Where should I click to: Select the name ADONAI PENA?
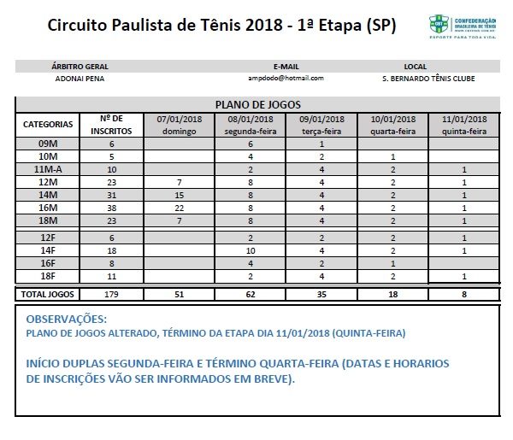coord(80,79)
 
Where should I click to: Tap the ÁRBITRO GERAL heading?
coord(80,66)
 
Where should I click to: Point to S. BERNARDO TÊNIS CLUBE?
coord(416,79)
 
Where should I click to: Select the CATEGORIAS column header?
coord(48,125)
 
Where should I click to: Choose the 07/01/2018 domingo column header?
coord(179,125)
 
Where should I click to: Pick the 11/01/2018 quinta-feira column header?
coord(464,125)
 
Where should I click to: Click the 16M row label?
coord(48,208)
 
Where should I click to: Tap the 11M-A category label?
coord(48,170)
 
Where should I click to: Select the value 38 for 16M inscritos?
coord(111,208)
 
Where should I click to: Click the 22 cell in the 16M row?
coord(179,208)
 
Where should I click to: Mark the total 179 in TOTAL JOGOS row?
coord(111,294)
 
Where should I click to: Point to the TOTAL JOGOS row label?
coord(48,294)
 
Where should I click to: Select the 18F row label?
coord(48,277)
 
